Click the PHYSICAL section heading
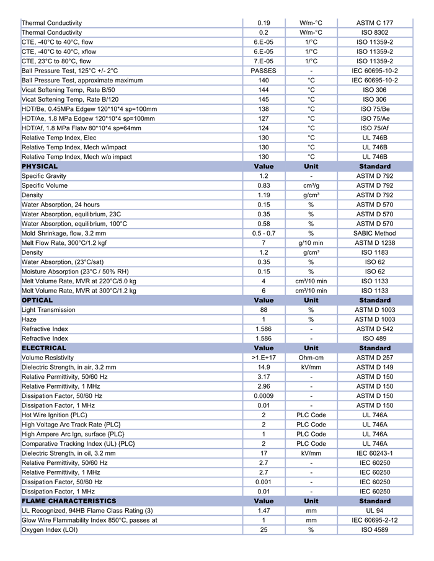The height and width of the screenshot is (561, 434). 40,166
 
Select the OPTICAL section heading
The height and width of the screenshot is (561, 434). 37,300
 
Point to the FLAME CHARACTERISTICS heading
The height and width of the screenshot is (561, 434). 69,501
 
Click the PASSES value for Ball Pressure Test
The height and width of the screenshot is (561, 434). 263,71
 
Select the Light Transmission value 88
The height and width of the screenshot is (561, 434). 263,310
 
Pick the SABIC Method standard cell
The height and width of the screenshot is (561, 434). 374,233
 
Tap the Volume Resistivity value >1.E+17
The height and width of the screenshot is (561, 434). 263,358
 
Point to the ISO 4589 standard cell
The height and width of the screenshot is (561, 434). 374,530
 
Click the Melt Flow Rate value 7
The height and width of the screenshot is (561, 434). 263,243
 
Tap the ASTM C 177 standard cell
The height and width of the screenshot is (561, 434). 374,23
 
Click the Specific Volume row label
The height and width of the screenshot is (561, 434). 44,185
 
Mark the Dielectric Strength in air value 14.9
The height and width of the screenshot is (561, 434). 263,367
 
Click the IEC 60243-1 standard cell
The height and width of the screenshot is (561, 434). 374,453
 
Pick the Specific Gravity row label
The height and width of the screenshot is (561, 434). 44,176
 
